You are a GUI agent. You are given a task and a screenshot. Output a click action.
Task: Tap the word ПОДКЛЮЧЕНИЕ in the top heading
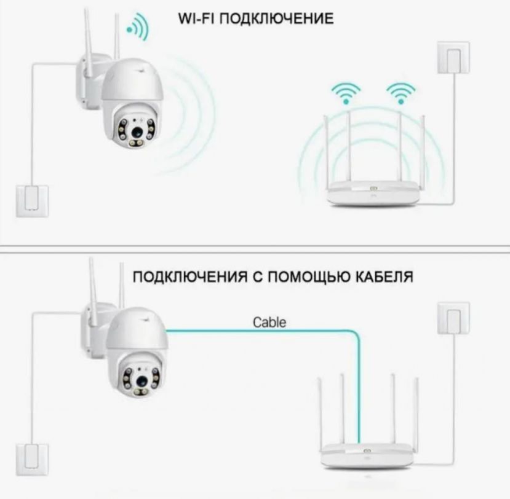(x=276, y=18)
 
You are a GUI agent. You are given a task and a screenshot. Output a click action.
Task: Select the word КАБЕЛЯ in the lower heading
(x=385, y=278)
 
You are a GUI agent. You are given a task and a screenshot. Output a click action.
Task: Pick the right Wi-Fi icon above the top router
(x=400, y=93)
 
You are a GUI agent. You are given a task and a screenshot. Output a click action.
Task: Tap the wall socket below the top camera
(x=28, y=200)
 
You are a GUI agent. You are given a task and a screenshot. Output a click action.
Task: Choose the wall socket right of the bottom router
(x=453, y=318)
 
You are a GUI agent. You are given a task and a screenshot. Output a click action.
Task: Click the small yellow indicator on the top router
(x=374, y=189)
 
